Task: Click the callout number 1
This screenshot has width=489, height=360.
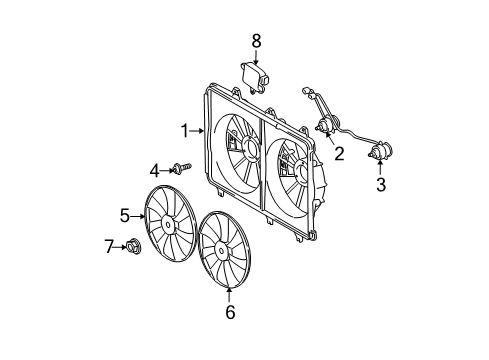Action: tap(185, 130)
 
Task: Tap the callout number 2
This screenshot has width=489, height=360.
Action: tap(339, 154)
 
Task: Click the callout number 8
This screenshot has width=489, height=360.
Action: tap(256, 40)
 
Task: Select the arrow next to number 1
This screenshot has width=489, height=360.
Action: tap(198, 130)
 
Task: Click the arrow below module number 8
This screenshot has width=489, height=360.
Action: tap(256, 56)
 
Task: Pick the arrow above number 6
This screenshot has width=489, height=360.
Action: tap(229, 293)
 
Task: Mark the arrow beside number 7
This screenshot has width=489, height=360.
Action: tap(121, 245)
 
